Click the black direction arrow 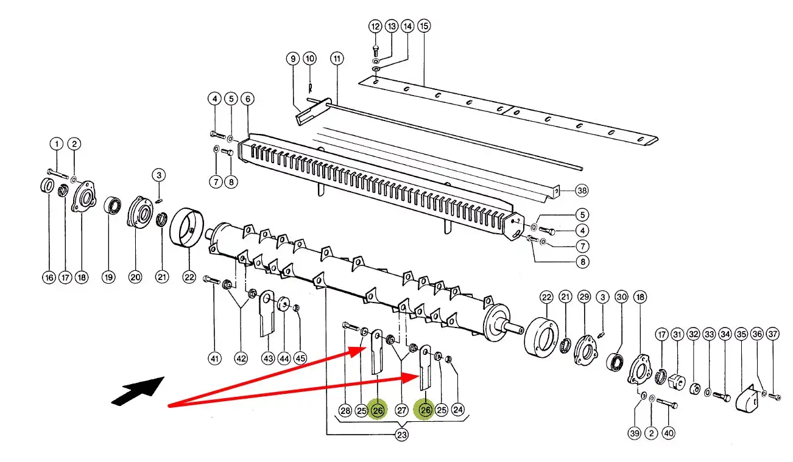coord(138,391)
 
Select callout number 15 coord(424,26)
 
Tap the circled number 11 coord(337,58)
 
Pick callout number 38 coord(582,191)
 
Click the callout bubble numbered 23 coord(401,435)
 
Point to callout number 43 coord(268,359)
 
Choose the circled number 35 coord(741,334)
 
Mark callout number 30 coord(622,297)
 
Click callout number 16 coord(49,278)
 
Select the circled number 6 coord(247,99)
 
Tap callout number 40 coord(668,433)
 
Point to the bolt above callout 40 coord(667,404)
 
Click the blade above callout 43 coord(267,313)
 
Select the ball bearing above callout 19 coord(113,206)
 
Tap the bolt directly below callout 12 coord(376,51)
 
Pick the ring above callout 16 coord(47,186)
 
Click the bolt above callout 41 coord(212,280)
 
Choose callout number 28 coord(345,410)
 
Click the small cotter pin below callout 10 coord(310,88)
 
